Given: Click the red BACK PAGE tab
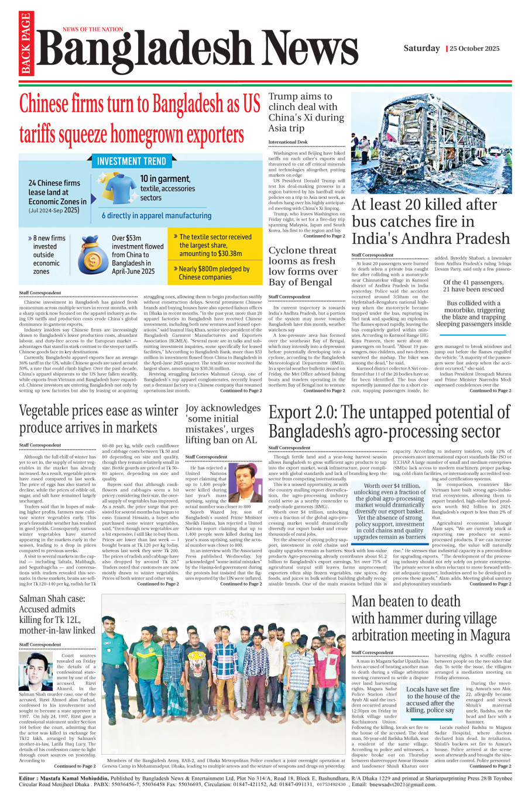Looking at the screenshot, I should (x=25, y=44).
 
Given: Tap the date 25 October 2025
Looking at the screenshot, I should (x=474, y=49).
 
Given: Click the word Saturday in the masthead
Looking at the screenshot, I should (x=421, y=48).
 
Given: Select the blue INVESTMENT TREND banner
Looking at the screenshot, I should (x=131, y=161).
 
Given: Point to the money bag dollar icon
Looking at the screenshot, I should (x=91, y=256).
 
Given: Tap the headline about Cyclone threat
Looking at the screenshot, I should (x=303, y=266).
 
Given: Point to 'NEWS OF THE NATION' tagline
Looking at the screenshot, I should (x=93, y=29).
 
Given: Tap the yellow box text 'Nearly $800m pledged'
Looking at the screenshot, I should (x=214, y=273).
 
